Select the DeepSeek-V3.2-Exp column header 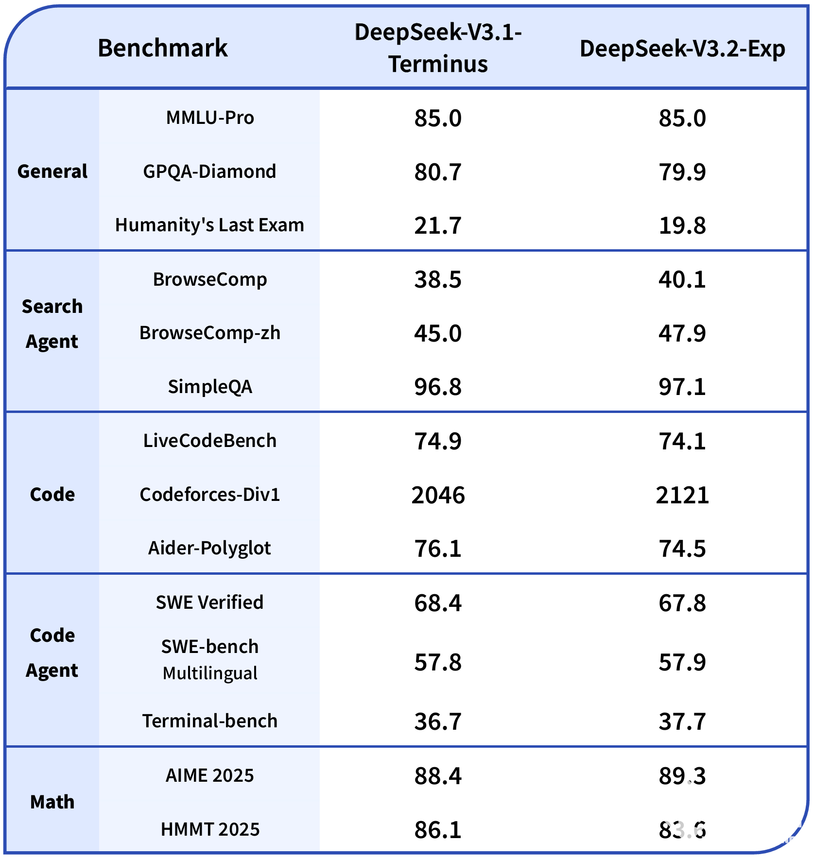682,49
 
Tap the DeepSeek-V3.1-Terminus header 438,48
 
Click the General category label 52,172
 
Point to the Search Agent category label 52,324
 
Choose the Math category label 52,802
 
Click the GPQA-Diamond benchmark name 209,172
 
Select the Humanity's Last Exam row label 209,225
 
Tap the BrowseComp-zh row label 209,333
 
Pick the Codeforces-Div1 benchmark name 209,495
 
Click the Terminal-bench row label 209,721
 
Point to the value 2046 438,495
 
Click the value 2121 682,495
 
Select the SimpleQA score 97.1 682,387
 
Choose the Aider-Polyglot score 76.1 438,549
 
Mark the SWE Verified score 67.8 682,603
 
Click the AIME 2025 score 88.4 438,776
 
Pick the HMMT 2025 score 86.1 438,830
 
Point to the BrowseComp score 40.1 682,280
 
